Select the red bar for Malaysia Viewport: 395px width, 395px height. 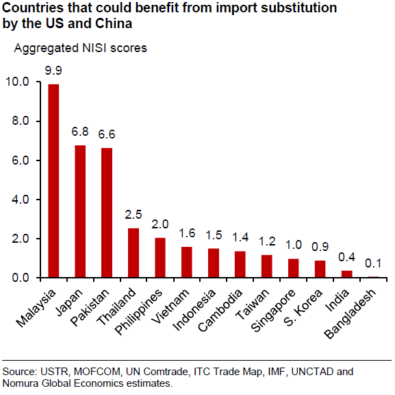53,181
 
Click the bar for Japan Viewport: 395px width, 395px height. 80,211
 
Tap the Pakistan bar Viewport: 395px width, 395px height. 107,213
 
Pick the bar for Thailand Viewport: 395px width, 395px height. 133,253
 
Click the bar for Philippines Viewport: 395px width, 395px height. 160,258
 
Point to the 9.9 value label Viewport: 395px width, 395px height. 53,71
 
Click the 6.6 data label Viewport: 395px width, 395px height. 107,134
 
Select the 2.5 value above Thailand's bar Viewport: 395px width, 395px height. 133,215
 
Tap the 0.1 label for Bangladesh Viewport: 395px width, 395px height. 373,263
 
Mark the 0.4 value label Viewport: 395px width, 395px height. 346,257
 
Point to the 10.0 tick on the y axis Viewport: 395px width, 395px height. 17,82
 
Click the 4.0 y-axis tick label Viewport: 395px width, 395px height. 21,200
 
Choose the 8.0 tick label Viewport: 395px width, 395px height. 21,121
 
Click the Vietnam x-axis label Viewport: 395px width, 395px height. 170,306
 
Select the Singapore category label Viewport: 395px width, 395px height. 273,310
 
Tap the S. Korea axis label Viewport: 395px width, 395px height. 303,308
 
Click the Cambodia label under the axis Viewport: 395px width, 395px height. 220,310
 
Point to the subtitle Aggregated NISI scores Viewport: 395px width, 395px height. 80,48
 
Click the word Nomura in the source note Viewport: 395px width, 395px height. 21,383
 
